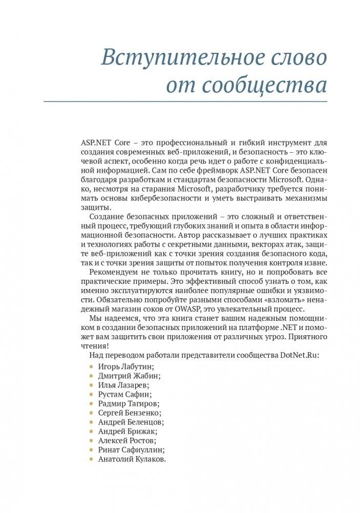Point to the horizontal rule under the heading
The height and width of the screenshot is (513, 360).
[x=185, y=101]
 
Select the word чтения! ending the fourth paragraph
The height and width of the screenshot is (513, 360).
[x=95, y=346]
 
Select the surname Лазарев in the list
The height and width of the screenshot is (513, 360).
[x=132, y=385]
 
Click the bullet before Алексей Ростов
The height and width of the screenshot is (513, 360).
[x=91, y=441]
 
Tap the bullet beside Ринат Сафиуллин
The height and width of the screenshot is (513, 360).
[x=91, y=450]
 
